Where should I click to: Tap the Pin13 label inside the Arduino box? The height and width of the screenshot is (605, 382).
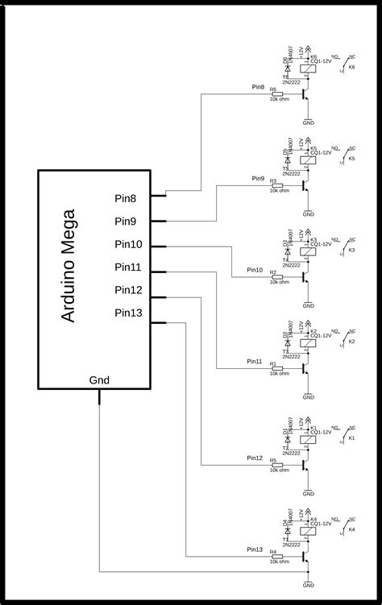(x=127, y=313)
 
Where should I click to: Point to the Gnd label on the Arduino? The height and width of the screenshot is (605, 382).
(x=100, y=379)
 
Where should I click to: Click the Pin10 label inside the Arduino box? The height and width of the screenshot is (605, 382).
(x=127, y=244)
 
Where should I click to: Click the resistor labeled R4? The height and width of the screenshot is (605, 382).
(x=278, y=556)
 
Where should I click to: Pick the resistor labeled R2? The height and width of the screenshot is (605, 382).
(x=278, y=278)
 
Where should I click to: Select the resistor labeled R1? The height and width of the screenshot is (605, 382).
(x=278, y=369)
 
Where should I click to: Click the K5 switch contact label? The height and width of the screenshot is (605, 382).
(x=351, y=159)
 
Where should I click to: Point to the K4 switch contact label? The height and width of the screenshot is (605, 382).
(x=351, y=529)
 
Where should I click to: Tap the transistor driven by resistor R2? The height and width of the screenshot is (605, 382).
(x=305, y=278)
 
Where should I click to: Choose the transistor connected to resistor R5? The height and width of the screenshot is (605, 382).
(x=305, y=463)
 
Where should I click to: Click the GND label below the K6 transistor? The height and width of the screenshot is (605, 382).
(x=308, y=123)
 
